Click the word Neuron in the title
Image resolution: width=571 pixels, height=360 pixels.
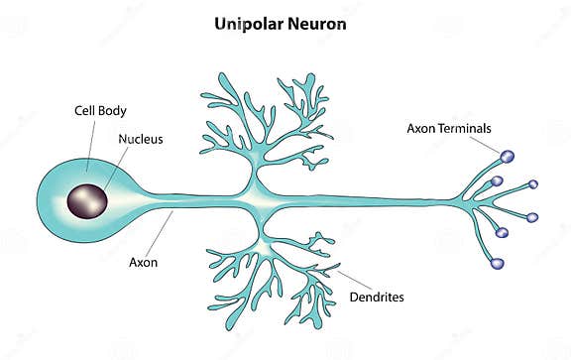coord(319,23)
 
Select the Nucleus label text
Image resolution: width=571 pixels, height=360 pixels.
coord(140,139)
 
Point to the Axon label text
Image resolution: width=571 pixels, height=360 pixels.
coord(144,263)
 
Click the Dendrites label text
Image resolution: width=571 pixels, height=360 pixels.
coord(378,297)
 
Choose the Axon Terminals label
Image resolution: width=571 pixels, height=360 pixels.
coord(448,128)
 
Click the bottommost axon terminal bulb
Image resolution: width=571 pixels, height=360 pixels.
coord(498,264)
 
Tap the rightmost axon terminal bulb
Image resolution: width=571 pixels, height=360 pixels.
coord(533,216)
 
